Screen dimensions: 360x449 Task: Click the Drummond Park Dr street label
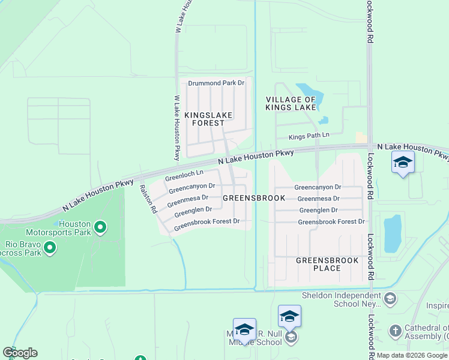216,83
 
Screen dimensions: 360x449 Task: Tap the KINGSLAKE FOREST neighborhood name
208,119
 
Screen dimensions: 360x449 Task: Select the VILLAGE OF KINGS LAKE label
291,103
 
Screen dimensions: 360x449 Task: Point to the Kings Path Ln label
309,136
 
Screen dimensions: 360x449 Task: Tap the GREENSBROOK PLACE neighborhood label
327,264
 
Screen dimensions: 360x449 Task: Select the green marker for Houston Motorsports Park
100,227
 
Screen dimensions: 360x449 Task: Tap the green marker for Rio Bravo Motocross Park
50,247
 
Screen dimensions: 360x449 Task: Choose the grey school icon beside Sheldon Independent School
390,298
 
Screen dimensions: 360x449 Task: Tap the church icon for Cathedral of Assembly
395,331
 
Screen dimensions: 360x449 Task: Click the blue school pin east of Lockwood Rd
402,163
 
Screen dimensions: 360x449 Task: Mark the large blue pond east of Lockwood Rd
393,233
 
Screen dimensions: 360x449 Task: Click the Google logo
20,353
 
